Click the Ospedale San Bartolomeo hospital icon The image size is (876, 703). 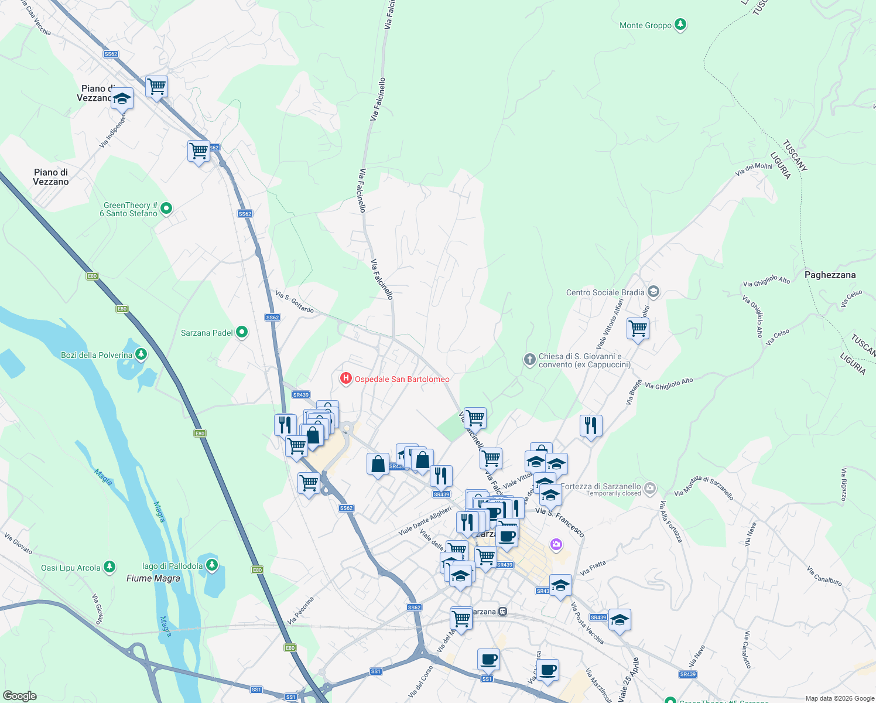(x=346, y=379)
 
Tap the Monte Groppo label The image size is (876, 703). (x=645, y=25)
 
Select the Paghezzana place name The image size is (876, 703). (x=830, y=275)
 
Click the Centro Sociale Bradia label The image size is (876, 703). (x=605, y=292)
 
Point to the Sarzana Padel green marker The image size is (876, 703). (x=241, y=333)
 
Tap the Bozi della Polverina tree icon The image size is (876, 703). (x=141, y=354)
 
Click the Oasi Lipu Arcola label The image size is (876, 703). (x=70, y=568)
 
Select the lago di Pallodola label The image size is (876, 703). (x=172, y=566)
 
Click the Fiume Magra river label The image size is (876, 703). (x=153, y=578)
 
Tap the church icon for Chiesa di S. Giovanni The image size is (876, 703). (x=529, y=360)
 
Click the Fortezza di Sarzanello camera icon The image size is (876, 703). (x=649, y=488)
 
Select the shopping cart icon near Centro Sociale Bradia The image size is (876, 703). (x=638, y=329)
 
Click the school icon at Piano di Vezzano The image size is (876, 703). (x=122, y=98)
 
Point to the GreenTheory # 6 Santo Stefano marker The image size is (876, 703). (x=166, y=209)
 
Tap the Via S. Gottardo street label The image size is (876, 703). (x=295, y=302)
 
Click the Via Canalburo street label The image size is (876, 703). (x=824, y=576)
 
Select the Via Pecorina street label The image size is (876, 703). (x=301, y=610)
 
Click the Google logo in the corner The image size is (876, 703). (x=20, y=695)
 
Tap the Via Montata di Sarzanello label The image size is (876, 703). (x=703, y=487)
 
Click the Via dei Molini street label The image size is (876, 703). (x=754, y=169)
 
